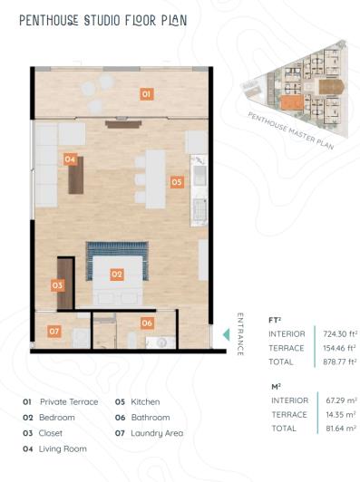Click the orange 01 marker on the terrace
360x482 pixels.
tap(146, 93)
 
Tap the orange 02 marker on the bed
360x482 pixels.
tap(117, 273)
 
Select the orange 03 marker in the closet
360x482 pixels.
tap(57, 284)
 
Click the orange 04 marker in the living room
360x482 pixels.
tap(70, 159)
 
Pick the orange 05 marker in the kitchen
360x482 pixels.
tap(176, 181)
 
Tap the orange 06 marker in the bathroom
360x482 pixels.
tap(147, 322)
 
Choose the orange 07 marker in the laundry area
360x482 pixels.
tap(54, 331)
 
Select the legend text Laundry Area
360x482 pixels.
tap(157, 433)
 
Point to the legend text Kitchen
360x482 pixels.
tap(145, 401)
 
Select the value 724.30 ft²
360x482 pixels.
tap(336, 333)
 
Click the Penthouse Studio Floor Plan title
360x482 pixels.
tap(103, 19)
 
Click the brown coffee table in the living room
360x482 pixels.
tap(76, 176)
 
